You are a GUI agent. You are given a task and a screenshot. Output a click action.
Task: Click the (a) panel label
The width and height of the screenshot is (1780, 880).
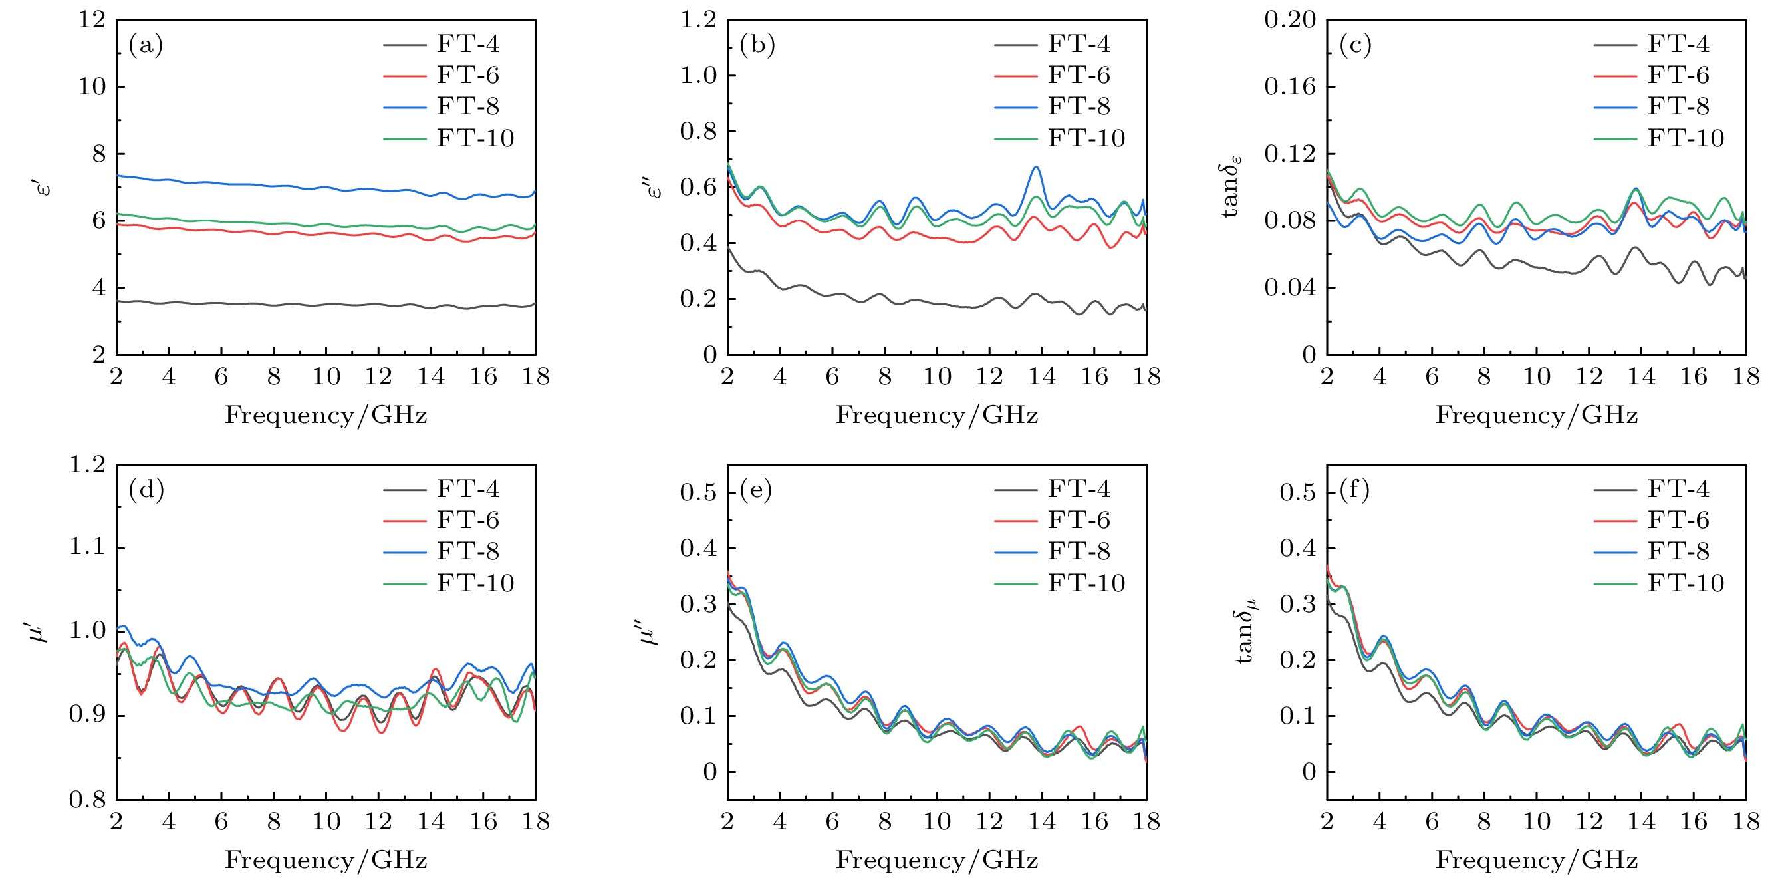pyautogui.click(x=146, y=45)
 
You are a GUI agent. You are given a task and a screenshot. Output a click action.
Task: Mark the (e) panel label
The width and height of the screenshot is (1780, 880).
pyautogui.click(x=755, y=490)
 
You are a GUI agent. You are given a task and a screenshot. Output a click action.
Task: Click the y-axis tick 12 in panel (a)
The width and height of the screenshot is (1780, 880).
pyautogui.click(x=92, y=19)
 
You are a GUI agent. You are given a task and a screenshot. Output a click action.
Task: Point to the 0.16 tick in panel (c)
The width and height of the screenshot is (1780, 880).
pyautogui.click(x=1289, y=86)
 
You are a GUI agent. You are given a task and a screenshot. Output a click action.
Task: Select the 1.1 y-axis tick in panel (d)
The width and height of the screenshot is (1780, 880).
pyautogui.click(x=87, y=547)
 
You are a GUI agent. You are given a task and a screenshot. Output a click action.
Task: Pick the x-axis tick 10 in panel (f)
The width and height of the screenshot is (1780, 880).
pyautogui.click(x=1536, y=821)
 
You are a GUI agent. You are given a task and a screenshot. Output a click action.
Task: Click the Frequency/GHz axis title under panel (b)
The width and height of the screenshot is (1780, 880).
pyautogui.click(x=936, y=415)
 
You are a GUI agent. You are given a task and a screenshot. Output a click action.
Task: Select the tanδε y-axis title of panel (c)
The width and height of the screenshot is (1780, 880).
pyautogui.click(x=1231, y=187)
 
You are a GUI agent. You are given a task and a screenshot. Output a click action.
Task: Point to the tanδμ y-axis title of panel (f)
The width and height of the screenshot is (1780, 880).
pyautogui.click(x=1245, y=631)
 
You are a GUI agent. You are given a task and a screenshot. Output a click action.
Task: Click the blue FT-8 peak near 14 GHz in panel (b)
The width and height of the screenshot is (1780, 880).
pyautogui.click(x=1035, y=168)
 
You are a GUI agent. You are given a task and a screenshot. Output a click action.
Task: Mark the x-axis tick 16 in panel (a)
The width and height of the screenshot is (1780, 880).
pyautogui.click(x=483, y=376)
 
